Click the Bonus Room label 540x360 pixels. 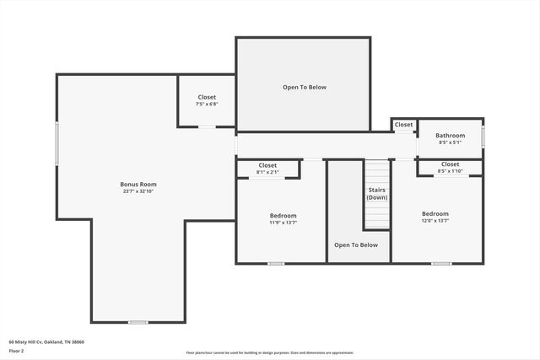coord(138,184)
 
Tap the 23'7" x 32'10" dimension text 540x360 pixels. coord(138,191)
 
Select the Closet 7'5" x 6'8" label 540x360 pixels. coord(207,98)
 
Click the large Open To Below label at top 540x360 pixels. coord(304,87)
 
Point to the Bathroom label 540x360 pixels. coord(450,135)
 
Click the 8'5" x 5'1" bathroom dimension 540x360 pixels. coord(450,142)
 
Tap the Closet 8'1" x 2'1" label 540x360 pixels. coord(267,165)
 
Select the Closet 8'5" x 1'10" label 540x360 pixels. coord(450,164)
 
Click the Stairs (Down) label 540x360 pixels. coord(376,193)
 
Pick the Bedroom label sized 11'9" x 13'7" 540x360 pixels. coord(282,216)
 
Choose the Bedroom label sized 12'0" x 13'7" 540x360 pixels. coord(435,214)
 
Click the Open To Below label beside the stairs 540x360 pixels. coord(356,245)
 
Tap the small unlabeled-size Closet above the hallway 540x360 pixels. coord(404,125)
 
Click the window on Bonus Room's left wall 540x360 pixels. coord(57,143)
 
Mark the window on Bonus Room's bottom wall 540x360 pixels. coord(138,322)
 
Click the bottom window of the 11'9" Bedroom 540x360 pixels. coord(276,264)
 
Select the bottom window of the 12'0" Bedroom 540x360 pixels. coord(441,264)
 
